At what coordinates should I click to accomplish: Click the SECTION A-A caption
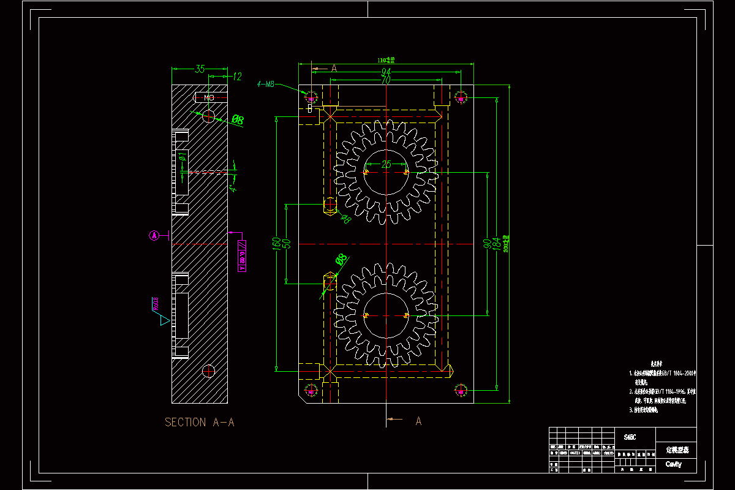pos(200,422)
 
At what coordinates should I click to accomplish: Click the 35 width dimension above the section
pos(200,69)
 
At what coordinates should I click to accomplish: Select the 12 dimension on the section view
pos(237,77)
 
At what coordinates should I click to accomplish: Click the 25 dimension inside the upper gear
pos(386,164)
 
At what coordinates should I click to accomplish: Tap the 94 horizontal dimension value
pos(386,73)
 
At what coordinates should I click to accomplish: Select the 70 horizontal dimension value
pos(386,80)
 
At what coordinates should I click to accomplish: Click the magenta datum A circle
pos(155,235)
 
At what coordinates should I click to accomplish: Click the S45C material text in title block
pos(630,437)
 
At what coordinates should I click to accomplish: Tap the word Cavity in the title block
pos(673,464)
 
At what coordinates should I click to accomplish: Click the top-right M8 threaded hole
pos(462,97)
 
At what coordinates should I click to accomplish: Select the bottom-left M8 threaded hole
pos(311,390)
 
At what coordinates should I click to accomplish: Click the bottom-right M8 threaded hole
pos(462,390)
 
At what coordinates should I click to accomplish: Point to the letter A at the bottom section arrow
pos(419,421)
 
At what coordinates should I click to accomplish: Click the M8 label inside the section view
pos(209,98)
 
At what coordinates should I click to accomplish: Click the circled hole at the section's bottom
pos(209,371)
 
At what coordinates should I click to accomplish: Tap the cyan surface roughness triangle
pos(164,320)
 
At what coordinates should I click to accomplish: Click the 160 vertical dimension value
pos(277,243)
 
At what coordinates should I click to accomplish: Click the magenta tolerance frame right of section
pos(242,255)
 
